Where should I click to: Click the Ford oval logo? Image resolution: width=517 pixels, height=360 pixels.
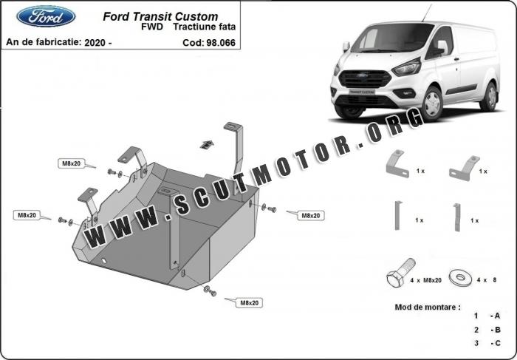coord(46,16)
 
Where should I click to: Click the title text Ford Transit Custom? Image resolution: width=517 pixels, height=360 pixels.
coord(160,16)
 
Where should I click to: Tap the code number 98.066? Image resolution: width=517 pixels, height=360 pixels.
coord(221,43)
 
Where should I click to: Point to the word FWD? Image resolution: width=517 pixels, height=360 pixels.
coord(152,27)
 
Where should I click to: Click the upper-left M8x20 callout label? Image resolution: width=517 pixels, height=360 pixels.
coord(72,163)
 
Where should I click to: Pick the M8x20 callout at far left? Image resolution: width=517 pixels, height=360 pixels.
coord(27,215)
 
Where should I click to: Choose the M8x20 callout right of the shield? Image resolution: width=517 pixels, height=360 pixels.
coord(311,215)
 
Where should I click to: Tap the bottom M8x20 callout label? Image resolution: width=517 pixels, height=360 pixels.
coord(249,303)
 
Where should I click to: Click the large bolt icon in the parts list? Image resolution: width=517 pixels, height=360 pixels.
coord(400,273)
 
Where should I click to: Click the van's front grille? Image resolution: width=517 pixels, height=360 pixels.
coord(365,79)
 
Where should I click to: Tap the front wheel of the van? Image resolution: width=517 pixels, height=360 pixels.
coord(431,103)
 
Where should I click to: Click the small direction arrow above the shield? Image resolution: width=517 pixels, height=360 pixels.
coord(207,144)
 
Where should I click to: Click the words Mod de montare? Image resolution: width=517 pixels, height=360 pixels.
coord(428,308)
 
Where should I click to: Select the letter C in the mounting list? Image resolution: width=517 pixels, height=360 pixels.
coord(497,343)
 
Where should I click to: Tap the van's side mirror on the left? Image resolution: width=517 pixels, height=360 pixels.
coord(346,46)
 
